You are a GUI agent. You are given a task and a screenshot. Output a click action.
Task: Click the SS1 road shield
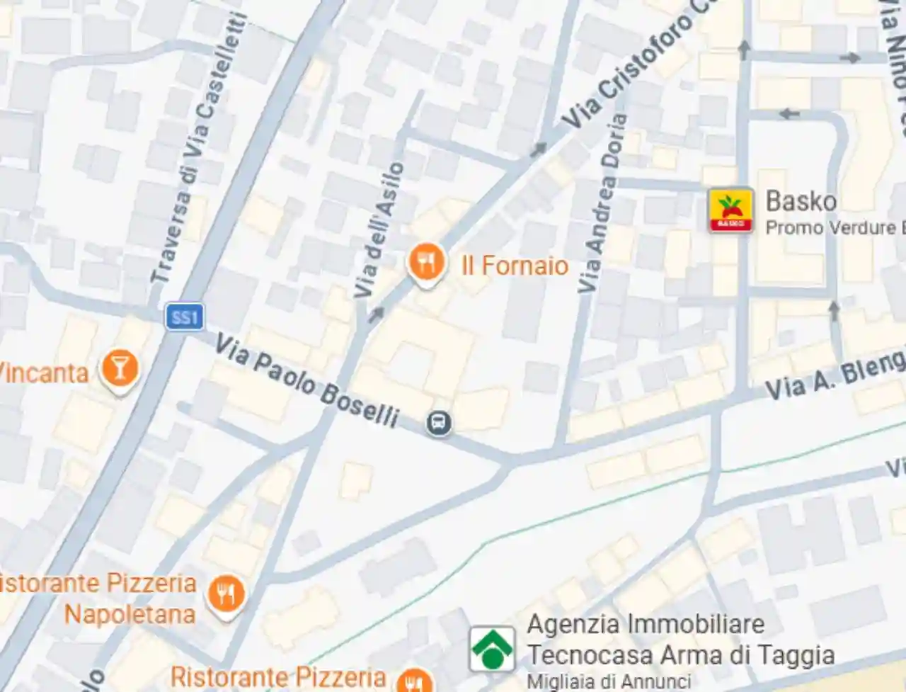pyautogui.click(x=185, y=317)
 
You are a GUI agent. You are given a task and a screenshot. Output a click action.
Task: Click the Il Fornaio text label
pyautogui.click(x=515, y=266)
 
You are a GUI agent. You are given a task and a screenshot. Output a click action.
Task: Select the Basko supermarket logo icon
pyautogui.click(x=730, y=210)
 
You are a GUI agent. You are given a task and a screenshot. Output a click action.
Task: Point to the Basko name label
pyautogui.click(x=801, y=201)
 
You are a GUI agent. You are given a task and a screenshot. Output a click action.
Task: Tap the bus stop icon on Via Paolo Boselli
pyautogui.click(x=439, y=424)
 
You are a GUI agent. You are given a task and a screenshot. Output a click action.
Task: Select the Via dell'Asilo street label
pyautogui.click(x=379, y=230)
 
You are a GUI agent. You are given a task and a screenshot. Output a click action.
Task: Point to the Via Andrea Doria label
pyautogui.click(x=602, y=203)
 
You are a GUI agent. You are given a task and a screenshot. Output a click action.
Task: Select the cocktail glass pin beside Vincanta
pyautogui.click(x=119, y=369)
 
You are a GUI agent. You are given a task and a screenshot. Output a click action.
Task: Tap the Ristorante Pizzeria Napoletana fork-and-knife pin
pyautogui.click(x=226, y=594)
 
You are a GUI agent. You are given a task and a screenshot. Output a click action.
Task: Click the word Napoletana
pyautogui.click(x=130, y=614)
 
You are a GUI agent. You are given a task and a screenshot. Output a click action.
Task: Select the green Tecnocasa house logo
pyautogui.click(x=492, y=648)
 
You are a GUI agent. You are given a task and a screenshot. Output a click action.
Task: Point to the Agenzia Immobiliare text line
pyautogui.click(x=646, y=625)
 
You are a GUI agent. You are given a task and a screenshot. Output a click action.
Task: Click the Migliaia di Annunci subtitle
pyautogui.click(x=609, y=681)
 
